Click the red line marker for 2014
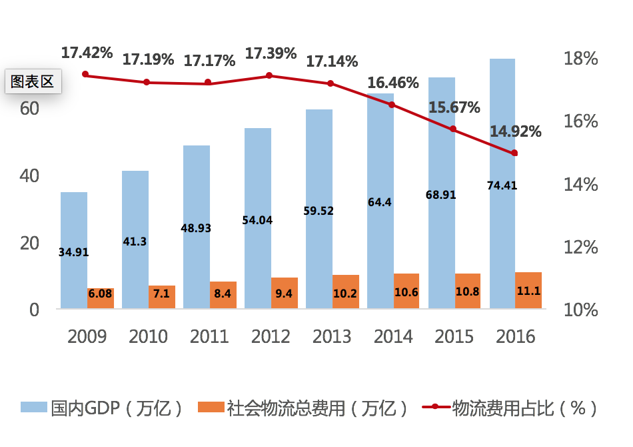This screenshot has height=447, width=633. pyautogui.click(x=392, y=105)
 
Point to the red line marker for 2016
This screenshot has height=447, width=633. pyautogui.click(x=514, y=153)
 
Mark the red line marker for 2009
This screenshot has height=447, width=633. pyautogui.click(x=85, y=75)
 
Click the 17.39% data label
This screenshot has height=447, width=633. pyautogui.click(x=271, y=53)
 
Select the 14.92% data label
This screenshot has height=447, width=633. pyautogui.click(x=515, y=131)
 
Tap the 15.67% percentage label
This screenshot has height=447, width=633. pyautogui.click(x=454, y=107)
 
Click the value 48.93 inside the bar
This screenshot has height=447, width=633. pyautogui.click(x=196, y=228)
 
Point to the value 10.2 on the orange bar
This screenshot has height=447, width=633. pyautogui.click(x=346, y=293)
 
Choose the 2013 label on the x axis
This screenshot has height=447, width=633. pyautogui.click(x=332, y=336)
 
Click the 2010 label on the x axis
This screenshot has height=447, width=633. pyautogui.click(x=148, y=336)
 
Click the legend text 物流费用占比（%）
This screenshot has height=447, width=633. pyautogui.click(x=524, y=408)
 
